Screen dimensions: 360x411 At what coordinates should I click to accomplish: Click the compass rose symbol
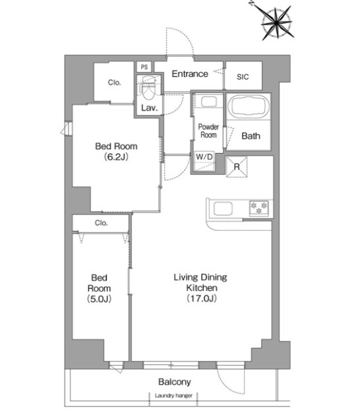point(277,23)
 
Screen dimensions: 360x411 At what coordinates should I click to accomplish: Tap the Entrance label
point(190,74)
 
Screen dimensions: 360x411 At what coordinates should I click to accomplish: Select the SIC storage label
point(243,77)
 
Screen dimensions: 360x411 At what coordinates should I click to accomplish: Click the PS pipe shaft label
point(144,67)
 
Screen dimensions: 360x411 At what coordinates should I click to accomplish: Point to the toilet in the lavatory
point(149,88)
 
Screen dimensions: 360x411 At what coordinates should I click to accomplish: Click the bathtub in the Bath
point(248,106)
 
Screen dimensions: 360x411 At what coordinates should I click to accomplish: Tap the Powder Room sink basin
point(208,102)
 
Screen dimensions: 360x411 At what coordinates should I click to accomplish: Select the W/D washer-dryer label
point(204,157)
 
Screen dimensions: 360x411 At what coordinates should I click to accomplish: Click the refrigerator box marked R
point(237,167)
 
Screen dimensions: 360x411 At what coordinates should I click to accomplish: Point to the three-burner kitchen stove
point(259,208)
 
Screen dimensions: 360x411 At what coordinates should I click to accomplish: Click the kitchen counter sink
point(223,209)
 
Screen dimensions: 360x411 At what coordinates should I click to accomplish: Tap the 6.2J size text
point(116,157)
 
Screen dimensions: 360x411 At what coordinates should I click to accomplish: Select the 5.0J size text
point(99,299)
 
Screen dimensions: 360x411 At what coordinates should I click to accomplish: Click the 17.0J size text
point(202,298)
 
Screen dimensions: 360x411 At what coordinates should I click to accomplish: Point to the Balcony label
point(175,382)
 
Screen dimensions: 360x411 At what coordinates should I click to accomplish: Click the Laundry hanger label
point(173,396)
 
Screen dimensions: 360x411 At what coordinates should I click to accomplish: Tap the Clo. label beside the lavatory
point(114,82)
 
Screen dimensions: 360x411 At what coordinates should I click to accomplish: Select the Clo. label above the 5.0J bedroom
point(101,223)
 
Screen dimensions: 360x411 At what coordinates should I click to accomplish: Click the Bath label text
point(251,136)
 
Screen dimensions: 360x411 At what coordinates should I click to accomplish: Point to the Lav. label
point(150,108)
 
